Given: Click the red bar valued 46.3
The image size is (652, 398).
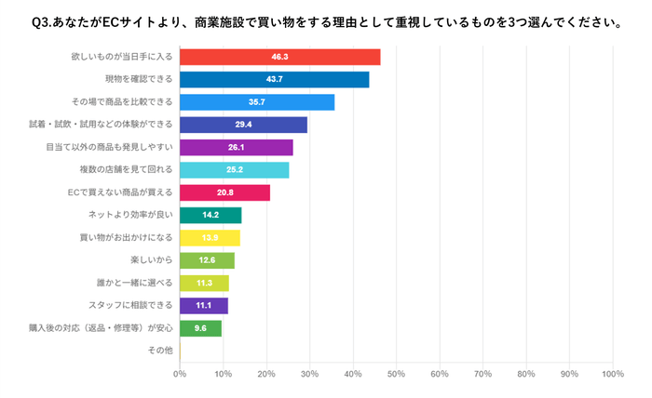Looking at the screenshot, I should tap(279, 57).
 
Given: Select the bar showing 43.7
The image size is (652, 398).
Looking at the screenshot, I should tap(274, 80).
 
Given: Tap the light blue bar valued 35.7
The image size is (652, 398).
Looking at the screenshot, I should tap(256, 102).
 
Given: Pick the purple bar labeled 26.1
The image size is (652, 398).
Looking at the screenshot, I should tap(236, 147).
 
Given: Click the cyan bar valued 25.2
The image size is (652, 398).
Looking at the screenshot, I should tap(234, 170).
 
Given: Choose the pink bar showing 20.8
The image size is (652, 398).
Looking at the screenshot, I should tap(224, 192).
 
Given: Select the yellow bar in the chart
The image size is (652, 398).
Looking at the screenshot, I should tap(210, 238).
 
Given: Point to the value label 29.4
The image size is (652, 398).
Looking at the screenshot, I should tap(243, 125).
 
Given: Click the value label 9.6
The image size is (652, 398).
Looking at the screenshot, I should tap(200, 328).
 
